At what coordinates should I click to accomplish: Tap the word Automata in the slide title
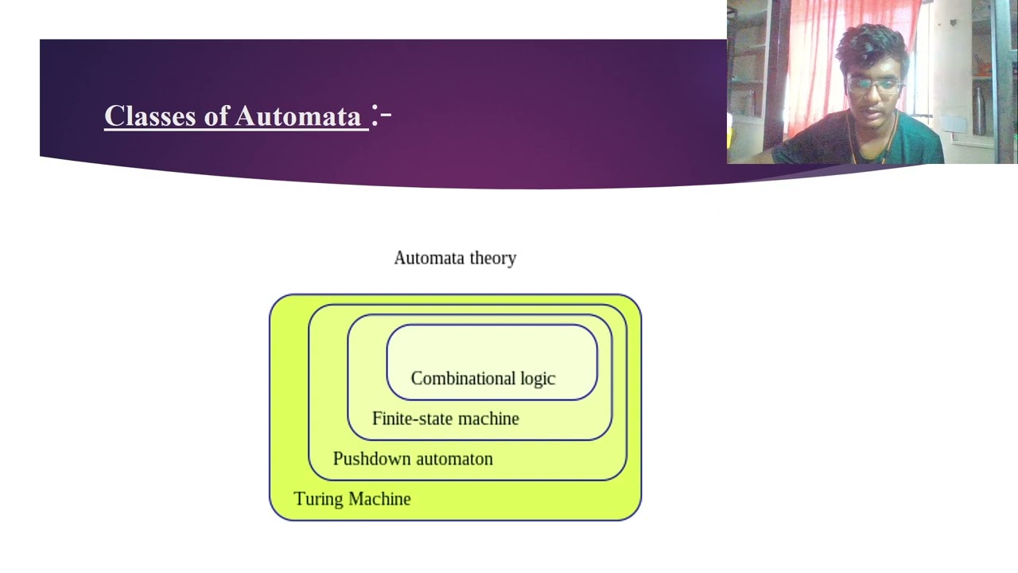click(x=298, y=116)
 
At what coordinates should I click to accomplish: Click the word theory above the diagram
click(x=493, y=258)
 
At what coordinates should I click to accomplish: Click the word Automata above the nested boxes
click(x=429, y=258)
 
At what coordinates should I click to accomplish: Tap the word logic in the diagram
click(x=538, y=379)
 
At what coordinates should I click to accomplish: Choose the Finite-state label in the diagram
click(x=411, y=419)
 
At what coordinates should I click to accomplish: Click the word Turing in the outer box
click(x=319, y=499)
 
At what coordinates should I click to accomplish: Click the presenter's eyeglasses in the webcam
click(x=875, y=84)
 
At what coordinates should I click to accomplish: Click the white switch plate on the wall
click(x=953, y=124)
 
